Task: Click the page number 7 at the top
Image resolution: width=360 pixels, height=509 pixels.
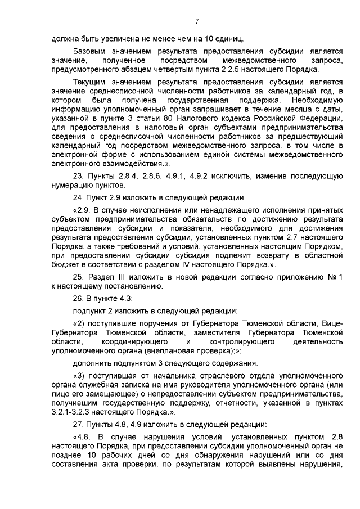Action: (197, 22)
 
